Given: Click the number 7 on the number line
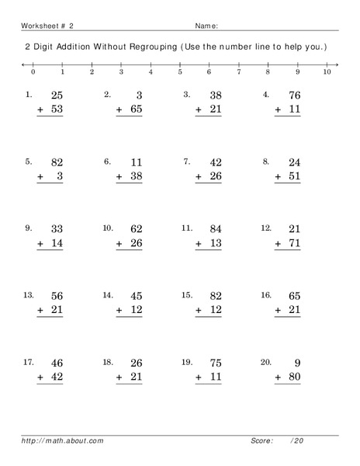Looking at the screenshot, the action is (238, 71).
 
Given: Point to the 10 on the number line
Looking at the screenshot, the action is (327, 71).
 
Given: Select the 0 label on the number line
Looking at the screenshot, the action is (33, 71).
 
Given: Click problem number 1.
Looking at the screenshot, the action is (29, 95).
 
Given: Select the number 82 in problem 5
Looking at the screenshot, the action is (55, 162).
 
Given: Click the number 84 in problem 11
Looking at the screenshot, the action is (213, 229).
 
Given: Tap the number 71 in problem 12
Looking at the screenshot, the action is (292, 244).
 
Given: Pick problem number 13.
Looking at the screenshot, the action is (29, 295).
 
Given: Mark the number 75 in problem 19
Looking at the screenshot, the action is (213, 363).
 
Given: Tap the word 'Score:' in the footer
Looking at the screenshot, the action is (262, 440).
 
